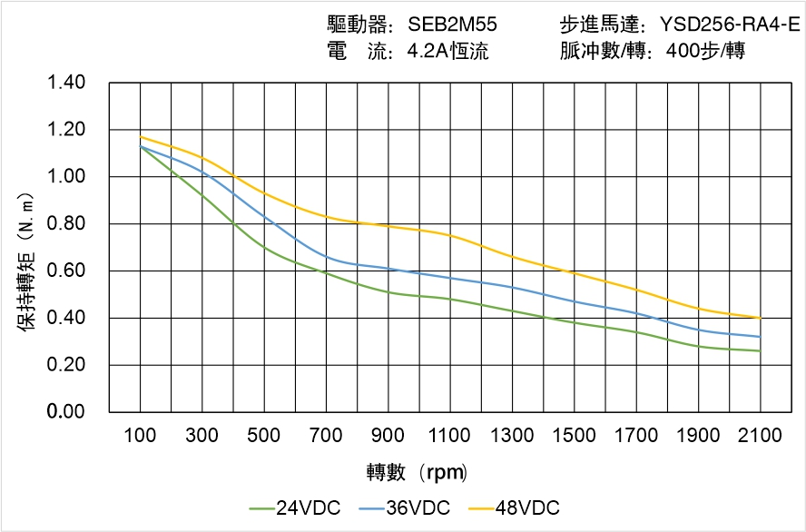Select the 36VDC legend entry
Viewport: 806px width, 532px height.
406,507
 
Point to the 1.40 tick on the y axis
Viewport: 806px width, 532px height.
65,84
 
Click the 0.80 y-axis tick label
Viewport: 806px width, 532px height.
65,224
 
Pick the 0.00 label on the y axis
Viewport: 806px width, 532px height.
65,412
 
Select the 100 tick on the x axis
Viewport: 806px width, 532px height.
140,436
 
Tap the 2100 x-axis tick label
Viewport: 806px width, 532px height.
760,436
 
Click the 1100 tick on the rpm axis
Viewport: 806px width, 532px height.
450,436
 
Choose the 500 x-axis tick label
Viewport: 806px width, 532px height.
264,436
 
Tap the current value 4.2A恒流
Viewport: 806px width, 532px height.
447,52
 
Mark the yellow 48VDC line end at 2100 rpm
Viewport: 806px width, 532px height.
760,318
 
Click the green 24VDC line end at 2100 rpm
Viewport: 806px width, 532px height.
760,350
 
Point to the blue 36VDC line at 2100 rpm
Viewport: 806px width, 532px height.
760,337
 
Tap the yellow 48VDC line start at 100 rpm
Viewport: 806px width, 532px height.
141,137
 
